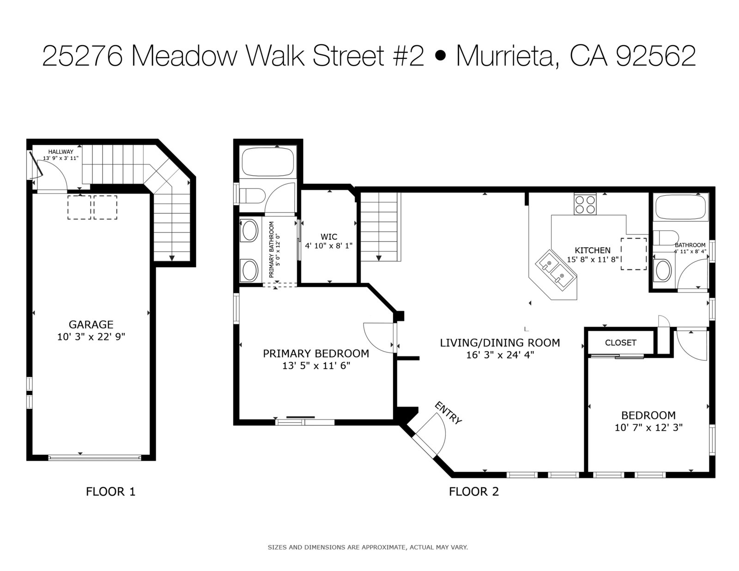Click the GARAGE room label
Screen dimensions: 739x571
(x=91, y=324)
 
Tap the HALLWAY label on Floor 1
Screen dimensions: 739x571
(x=61, y=152)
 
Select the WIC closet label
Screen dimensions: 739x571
(x=329, y=237)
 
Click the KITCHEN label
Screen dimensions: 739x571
(x=593, y=250)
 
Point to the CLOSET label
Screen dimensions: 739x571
(x=620, y=342)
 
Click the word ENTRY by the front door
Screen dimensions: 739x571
(x=448, y=413)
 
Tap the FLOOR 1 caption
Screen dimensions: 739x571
(x=110, y=492)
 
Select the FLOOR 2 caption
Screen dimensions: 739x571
(x=474, y=492)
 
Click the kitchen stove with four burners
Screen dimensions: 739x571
(x=585, y=204)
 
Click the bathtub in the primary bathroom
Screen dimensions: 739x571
(x=268, y=161)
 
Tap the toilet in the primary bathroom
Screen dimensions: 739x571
(x=252, y=195)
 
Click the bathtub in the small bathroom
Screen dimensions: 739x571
(x=682, y=207)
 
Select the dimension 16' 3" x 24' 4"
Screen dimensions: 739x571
(x=500, y=355)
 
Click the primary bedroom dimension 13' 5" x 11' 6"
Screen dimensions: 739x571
(x=316, y=366)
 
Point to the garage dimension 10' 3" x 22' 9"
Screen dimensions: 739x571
(x=91, y=337)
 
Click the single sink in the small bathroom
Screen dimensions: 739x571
(x=663, y=270)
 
